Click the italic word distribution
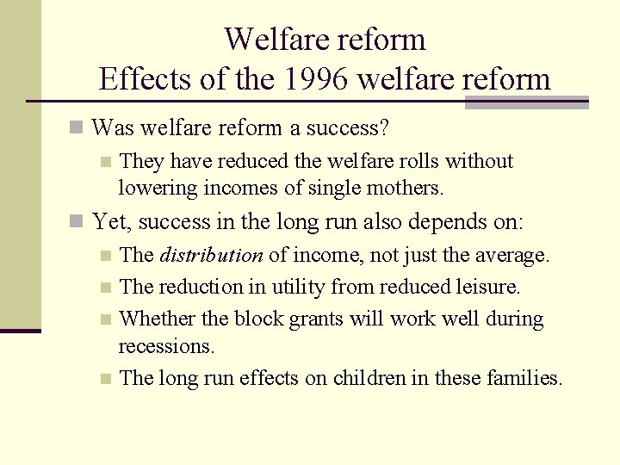click(x=211, y=256)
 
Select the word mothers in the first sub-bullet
click(x=401, y=187)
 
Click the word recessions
click(x=166, y=346)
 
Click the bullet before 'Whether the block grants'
click(x=105, y=319)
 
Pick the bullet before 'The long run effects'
click(x=105, y=378)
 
